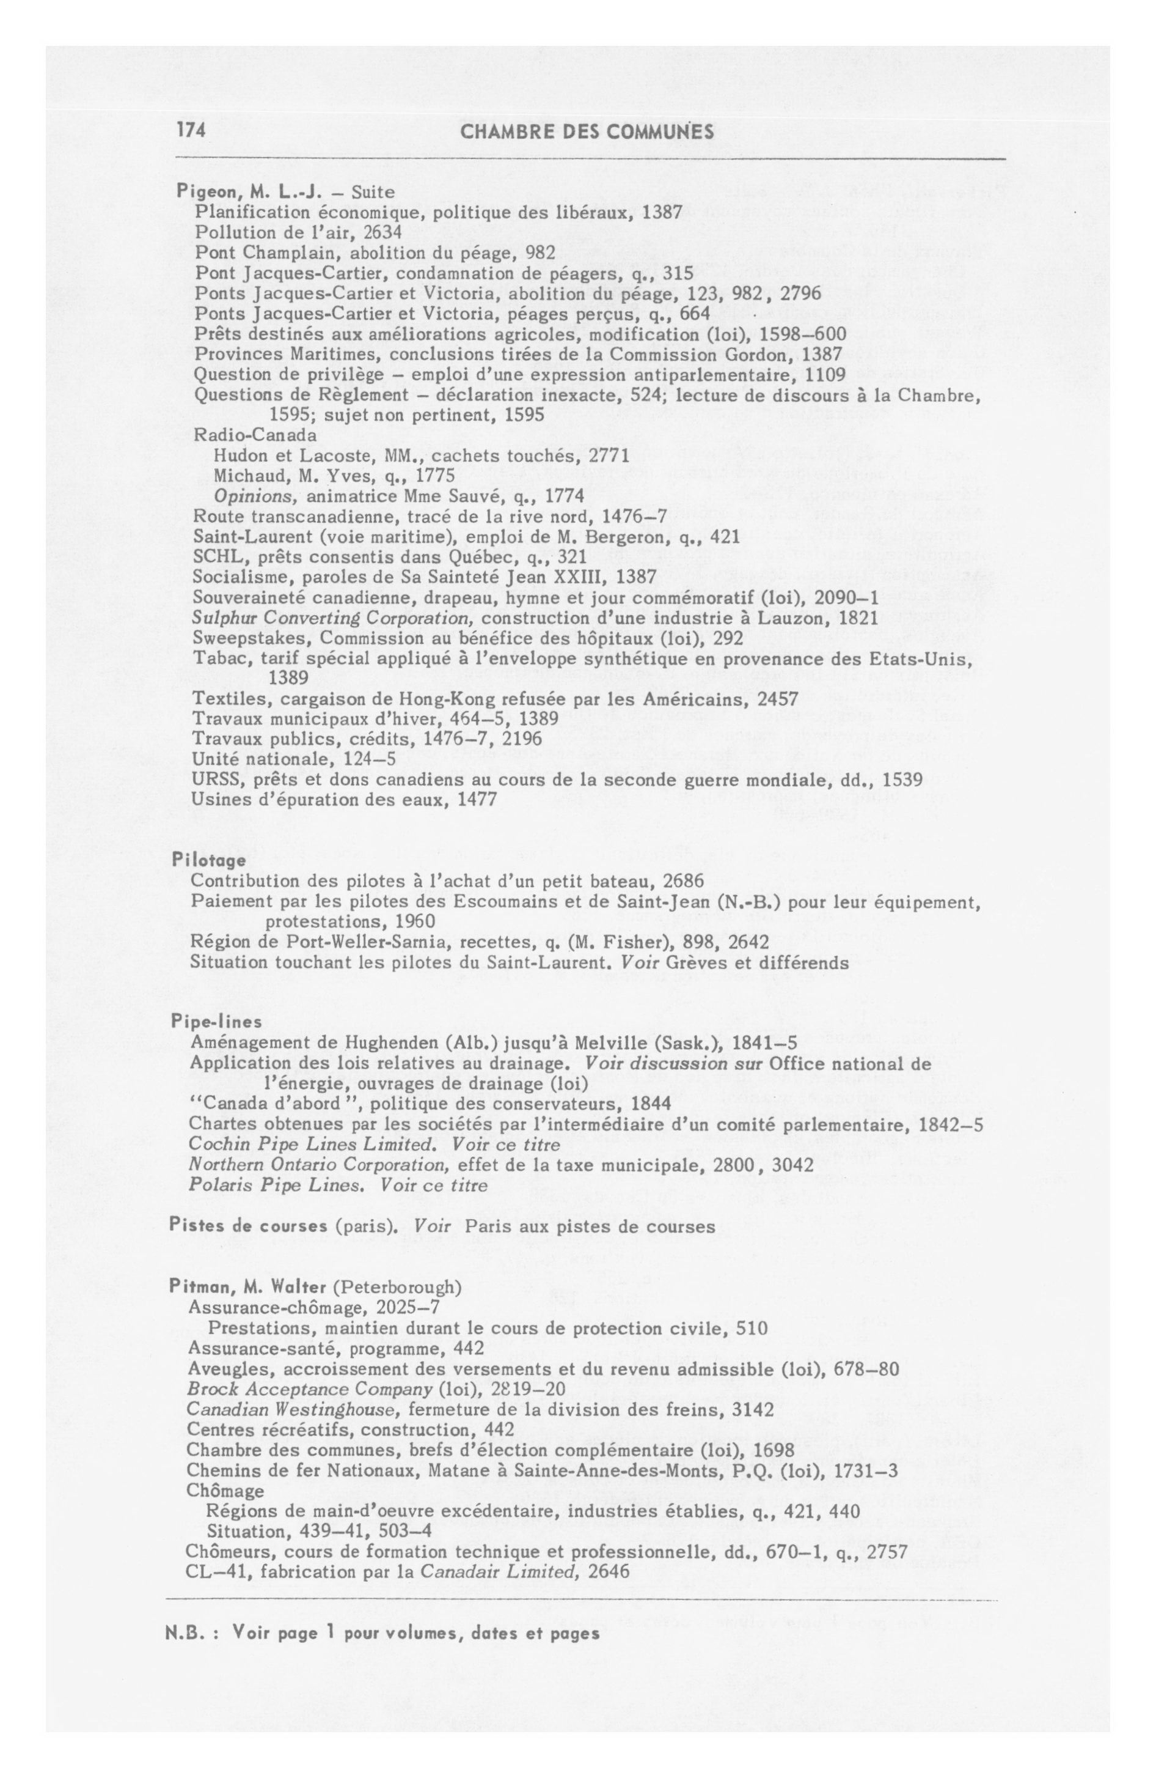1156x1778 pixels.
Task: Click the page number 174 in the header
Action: coord(191,131)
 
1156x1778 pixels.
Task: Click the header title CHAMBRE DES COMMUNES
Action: coord(587,132)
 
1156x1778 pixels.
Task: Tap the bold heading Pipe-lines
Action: coord(216,1021)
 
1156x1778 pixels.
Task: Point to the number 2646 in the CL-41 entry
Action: coord(609,1571)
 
